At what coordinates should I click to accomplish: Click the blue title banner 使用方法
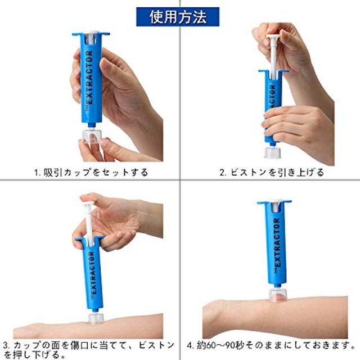coord(178,17)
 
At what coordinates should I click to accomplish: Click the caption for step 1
coord(91,172)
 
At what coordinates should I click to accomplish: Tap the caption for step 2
coord(272,172)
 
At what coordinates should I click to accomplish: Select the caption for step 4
coord(271,345)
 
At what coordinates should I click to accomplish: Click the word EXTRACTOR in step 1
coord(90,77)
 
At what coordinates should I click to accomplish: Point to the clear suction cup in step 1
coord(92,136)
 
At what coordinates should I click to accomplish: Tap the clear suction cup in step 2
coord(272,152)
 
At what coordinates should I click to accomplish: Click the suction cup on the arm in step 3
coord(96,318)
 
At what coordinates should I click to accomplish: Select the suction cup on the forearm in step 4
coord(278,295)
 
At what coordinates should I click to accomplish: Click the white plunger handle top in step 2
coord(274,37)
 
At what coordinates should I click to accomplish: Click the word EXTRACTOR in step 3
coord(92,273)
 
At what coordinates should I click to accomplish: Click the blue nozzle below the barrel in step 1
coord(92,125)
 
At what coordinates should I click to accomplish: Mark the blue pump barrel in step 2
coord(273,106)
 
